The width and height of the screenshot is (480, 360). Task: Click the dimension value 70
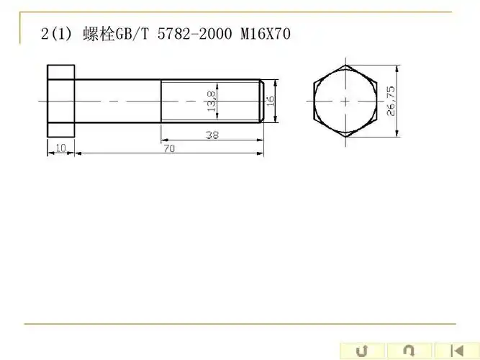[x=169, y=148]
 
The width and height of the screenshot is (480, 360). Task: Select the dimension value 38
[x=212, y=135]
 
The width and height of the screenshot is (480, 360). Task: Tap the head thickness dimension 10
[x=60, y=148]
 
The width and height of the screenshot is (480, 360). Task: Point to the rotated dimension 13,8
[x=211, y=101]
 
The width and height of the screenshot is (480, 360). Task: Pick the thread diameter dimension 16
[x=271, y=101]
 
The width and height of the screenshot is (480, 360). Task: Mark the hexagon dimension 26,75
[x=391, y=101]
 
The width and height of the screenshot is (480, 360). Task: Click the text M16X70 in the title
[x=266, y=34]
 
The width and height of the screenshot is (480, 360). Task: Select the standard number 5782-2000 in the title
[x=195, y=34]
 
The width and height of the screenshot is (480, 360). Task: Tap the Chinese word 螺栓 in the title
[x=100, y=34]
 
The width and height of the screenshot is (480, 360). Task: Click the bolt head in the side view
[x=60, y=101]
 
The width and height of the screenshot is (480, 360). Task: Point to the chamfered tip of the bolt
[x=261, y=101]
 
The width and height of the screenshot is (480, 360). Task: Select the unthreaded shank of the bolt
[x=117, y=101]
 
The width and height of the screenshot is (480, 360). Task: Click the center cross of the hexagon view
[x=345, y=101]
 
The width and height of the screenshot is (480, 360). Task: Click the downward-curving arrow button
[x=408, y=351]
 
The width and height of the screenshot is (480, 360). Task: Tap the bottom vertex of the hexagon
[x=345, y=137]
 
